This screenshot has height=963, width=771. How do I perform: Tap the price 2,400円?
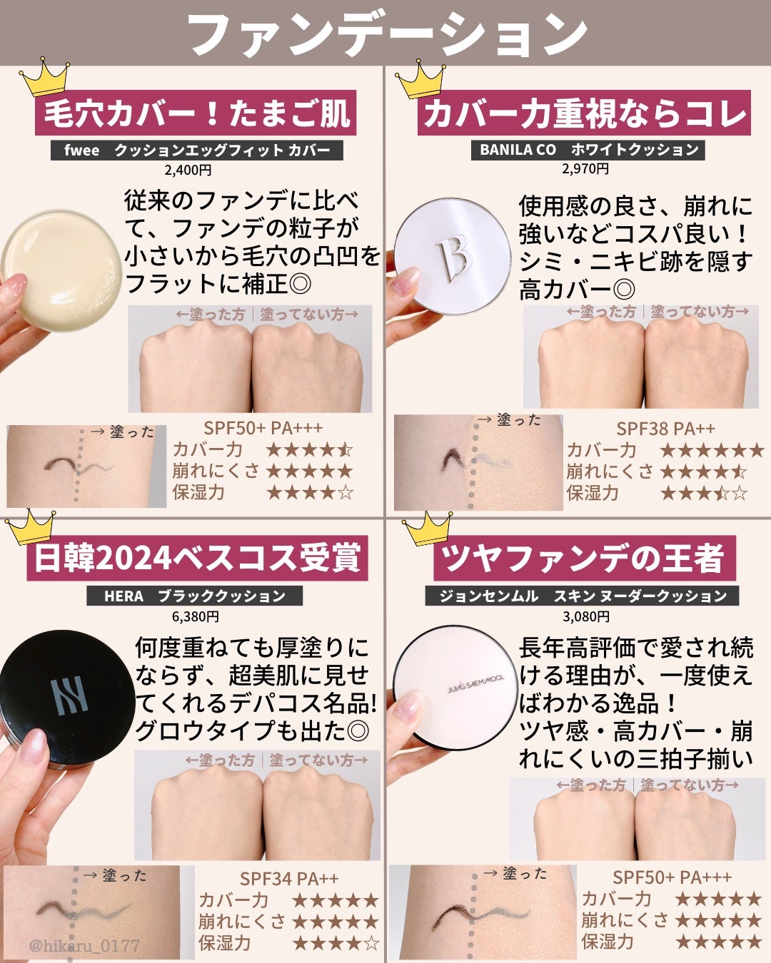pos(188,170)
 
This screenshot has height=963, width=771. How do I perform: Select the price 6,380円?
pos(195,616)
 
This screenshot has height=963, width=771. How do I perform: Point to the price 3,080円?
pos(586,616)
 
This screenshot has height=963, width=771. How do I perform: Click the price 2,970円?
pos(585,169)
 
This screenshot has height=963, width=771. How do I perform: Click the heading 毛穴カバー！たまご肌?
pos(196,114)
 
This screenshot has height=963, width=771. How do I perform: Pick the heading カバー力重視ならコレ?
pos(584,114)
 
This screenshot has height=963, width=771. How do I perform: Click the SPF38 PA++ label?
pos(665,429)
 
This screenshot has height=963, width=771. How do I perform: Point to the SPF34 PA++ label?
pos(289,879)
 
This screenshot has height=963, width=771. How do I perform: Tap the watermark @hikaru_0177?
pos(84,946)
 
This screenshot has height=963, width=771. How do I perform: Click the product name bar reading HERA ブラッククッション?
pos(194,596)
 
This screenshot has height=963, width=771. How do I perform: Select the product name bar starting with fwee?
pos(197,150)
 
